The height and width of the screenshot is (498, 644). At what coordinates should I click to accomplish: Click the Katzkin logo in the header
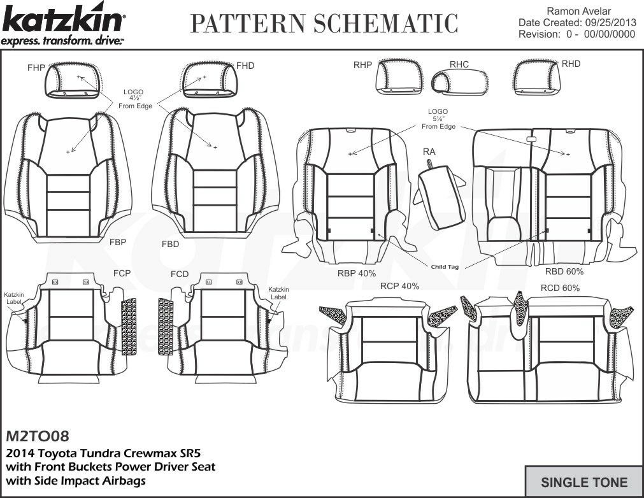coord(64,25)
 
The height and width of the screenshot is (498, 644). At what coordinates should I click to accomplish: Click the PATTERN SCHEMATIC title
coord(324,23)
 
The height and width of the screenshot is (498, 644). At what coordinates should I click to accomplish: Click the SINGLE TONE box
coord(583,482)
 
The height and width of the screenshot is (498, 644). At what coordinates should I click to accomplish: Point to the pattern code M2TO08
coord(37,437)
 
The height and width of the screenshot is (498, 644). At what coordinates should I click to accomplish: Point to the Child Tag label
coord(444,267)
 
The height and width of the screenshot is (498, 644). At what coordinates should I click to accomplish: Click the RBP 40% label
coord(357,273)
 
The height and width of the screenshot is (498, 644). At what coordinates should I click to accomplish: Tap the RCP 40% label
coord(399,286)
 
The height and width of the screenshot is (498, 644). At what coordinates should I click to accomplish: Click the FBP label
coord(117,242)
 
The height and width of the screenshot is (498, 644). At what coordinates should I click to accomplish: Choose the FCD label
coord(180,274)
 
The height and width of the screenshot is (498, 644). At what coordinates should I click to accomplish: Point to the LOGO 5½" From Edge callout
coord(438,119)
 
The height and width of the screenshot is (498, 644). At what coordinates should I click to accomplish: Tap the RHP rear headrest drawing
coord(392,80)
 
